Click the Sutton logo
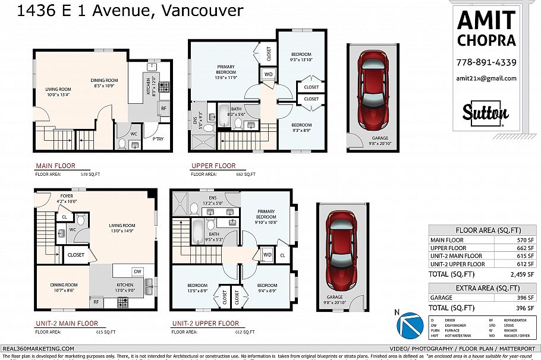click(486, 113)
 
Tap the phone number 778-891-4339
click(486, 62)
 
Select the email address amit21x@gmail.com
click(486, 78)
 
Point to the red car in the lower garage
click(340, 250)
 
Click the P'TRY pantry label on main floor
click(158, 139)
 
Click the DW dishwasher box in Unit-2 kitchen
click(137, 271)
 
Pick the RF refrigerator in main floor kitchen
click(163, 108)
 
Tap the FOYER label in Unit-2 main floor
click(67, 195)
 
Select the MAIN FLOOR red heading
click(55, 166)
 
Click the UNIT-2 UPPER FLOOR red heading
click(205, 324)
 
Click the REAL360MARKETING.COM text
click(39, 348)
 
